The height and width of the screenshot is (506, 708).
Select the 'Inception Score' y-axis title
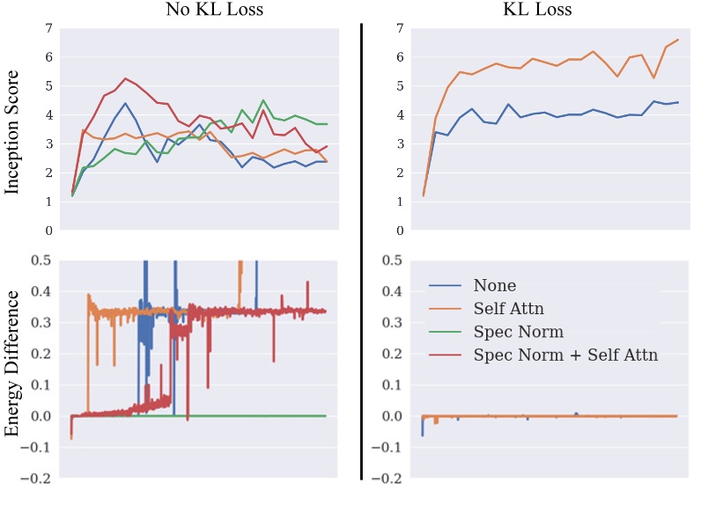click(15, 129)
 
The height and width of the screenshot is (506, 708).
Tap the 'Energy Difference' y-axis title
click(15, 370)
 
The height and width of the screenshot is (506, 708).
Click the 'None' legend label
click(494, 285)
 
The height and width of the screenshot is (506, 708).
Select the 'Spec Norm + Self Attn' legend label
click(565, 355)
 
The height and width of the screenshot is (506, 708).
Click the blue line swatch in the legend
click(446, 286)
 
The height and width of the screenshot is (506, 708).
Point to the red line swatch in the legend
click(446, 356)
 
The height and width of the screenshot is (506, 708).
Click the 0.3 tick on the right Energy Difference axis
click(394, 323)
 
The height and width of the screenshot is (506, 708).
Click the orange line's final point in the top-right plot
click(677, 40)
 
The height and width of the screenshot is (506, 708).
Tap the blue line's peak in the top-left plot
click(126, 103)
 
